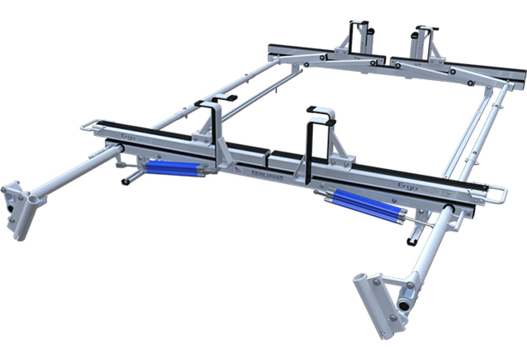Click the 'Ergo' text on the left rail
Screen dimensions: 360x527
(128, 137)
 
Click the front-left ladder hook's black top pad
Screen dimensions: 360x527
(224, 98)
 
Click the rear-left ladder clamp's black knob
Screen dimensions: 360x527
(370, 31)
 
